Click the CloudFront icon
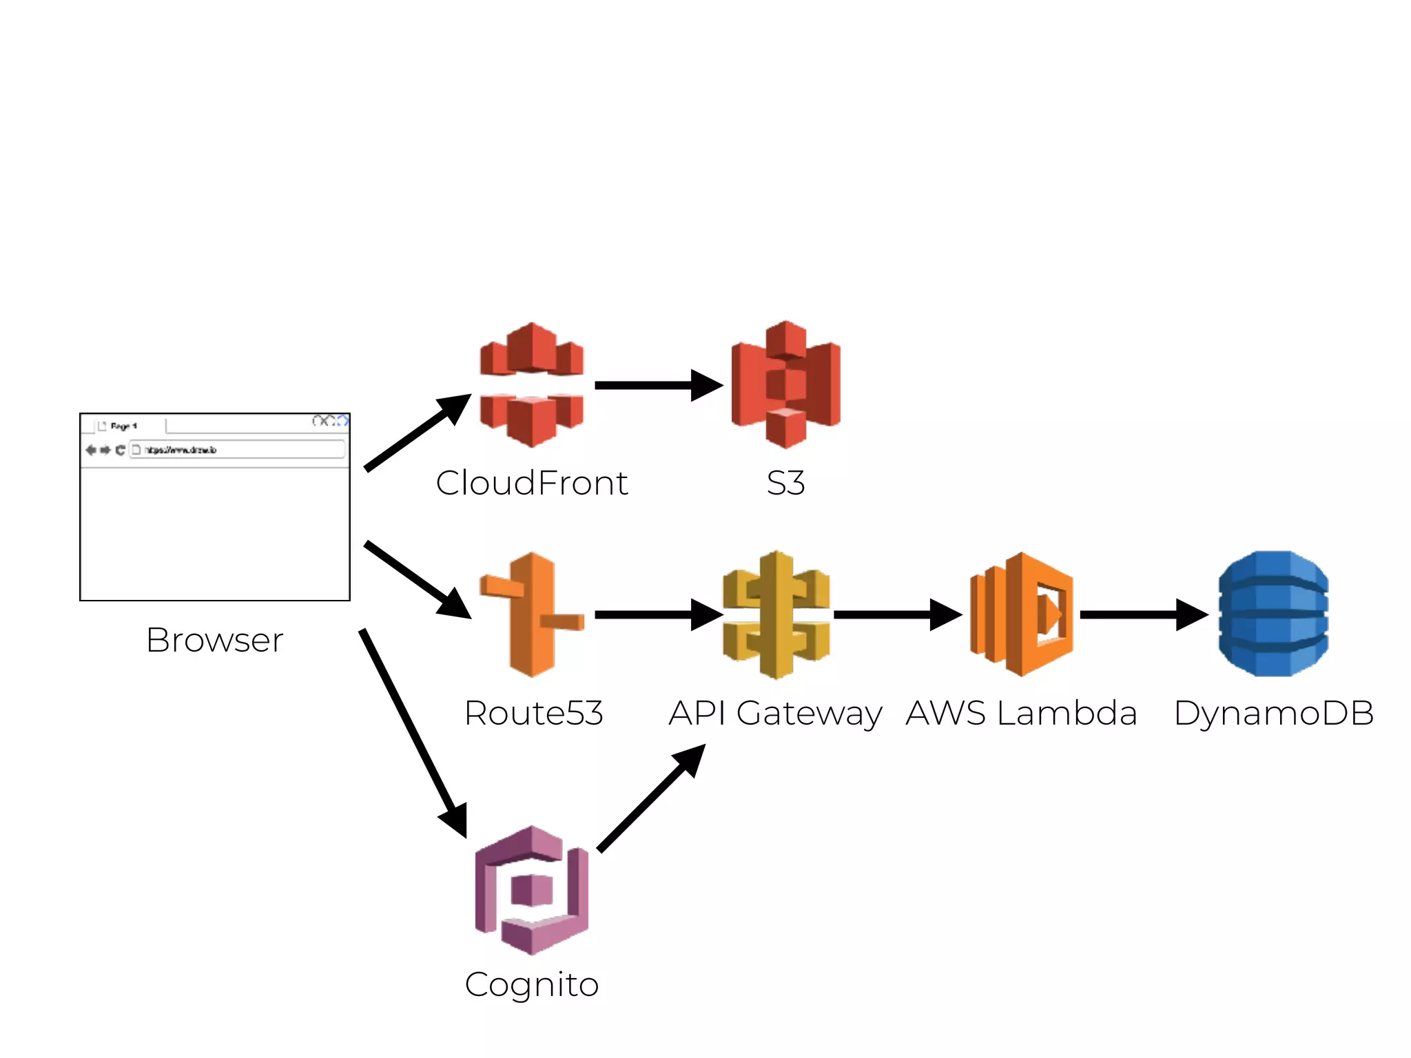point(531,384)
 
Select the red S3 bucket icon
point(785,384)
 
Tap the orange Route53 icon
point(531,614)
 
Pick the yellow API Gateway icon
point(776,614)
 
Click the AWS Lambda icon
point(1022,614)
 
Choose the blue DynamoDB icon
point(1273,614)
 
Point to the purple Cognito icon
point(531,889)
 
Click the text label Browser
point(214,640)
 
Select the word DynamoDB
point(1273,713)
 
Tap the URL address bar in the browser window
point(238,450)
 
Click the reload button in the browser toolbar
point(120,450)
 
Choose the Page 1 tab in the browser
point(124,426)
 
